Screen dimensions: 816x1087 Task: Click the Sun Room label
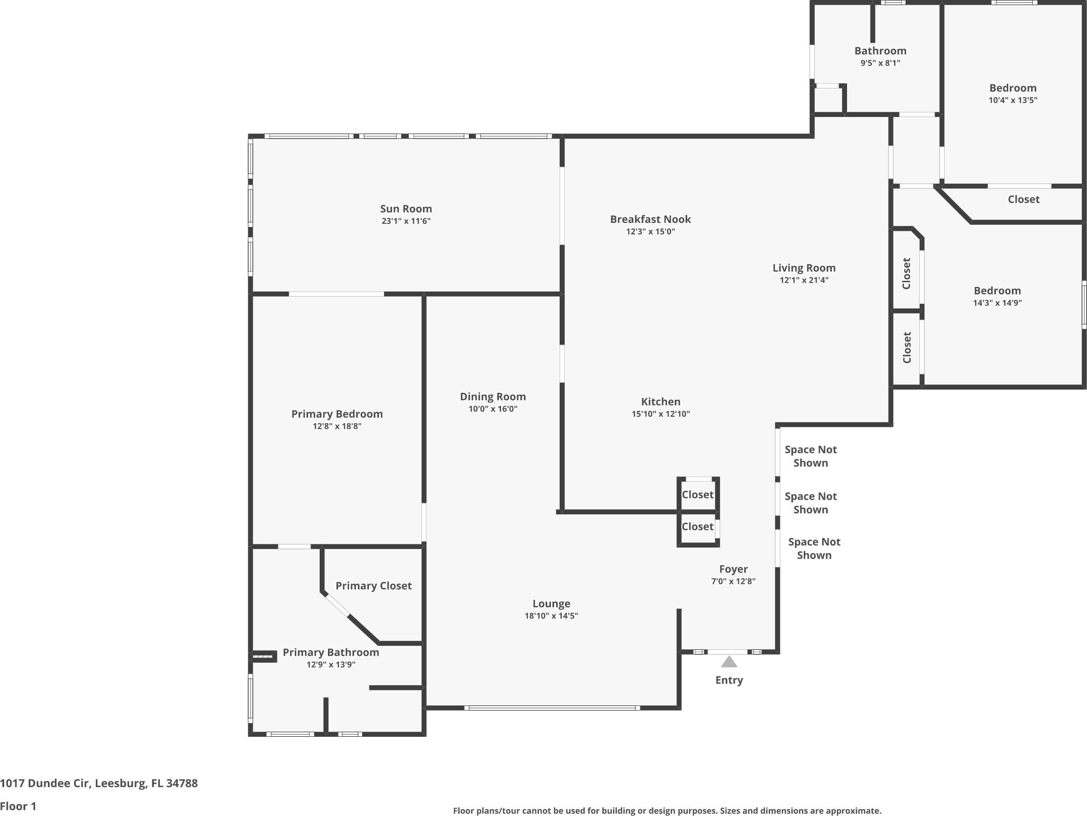[x=405, y=209]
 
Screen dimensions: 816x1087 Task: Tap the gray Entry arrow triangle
[x=729, y=662]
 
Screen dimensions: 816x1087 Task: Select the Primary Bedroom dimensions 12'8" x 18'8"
[x=337, y=426]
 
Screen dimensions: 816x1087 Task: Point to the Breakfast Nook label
[x=650, y=219]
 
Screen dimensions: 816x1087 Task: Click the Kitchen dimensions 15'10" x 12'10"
[x=660, y=414]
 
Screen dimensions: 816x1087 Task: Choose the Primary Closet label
[x=374, y=586]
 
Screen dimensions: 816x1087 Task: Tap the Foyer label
[x=733, y=569]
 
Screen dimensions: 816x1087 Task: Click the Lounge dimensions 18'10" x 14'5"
[x=551, y=616]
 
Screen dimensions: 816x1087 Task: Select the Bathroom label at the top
[x=880, y=51]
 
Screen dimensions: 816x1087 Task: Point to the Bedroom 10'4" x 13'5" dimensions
[x=1013, y=100]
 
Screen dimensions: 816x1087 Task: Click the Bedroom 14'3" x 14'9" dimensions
[x=997, y=303]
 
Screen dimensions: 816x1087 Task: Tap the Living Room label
[x=803, y=268]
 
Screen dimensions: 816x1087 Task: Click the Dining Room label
[x=492, y=396]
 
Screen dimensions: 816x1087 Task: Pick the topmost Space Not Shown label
[x=810, y=456]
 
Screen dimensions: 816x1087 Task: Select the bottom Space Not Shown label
[x=814, y=548]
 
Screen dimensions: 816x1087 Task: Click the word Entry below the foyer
[x=729, y=680]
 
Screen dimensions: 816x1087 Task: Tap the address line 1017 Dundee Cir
[x=99, y=783]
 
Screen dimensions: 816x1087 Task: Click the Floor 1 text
[x=18, y=806]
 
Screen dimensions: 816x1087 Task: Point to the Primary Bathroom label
[x=331, y=653]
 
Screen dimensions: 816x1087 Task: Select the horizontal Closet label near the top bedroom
[x=1023, y=199]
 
